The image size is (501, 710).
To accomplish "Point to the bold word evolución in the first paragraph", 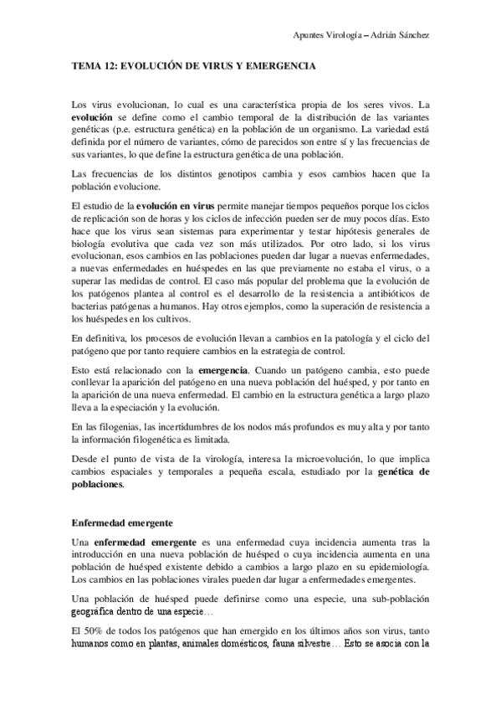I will coord(94,120).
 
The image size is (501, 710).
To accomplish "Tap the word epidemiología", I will coord(398,566).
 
